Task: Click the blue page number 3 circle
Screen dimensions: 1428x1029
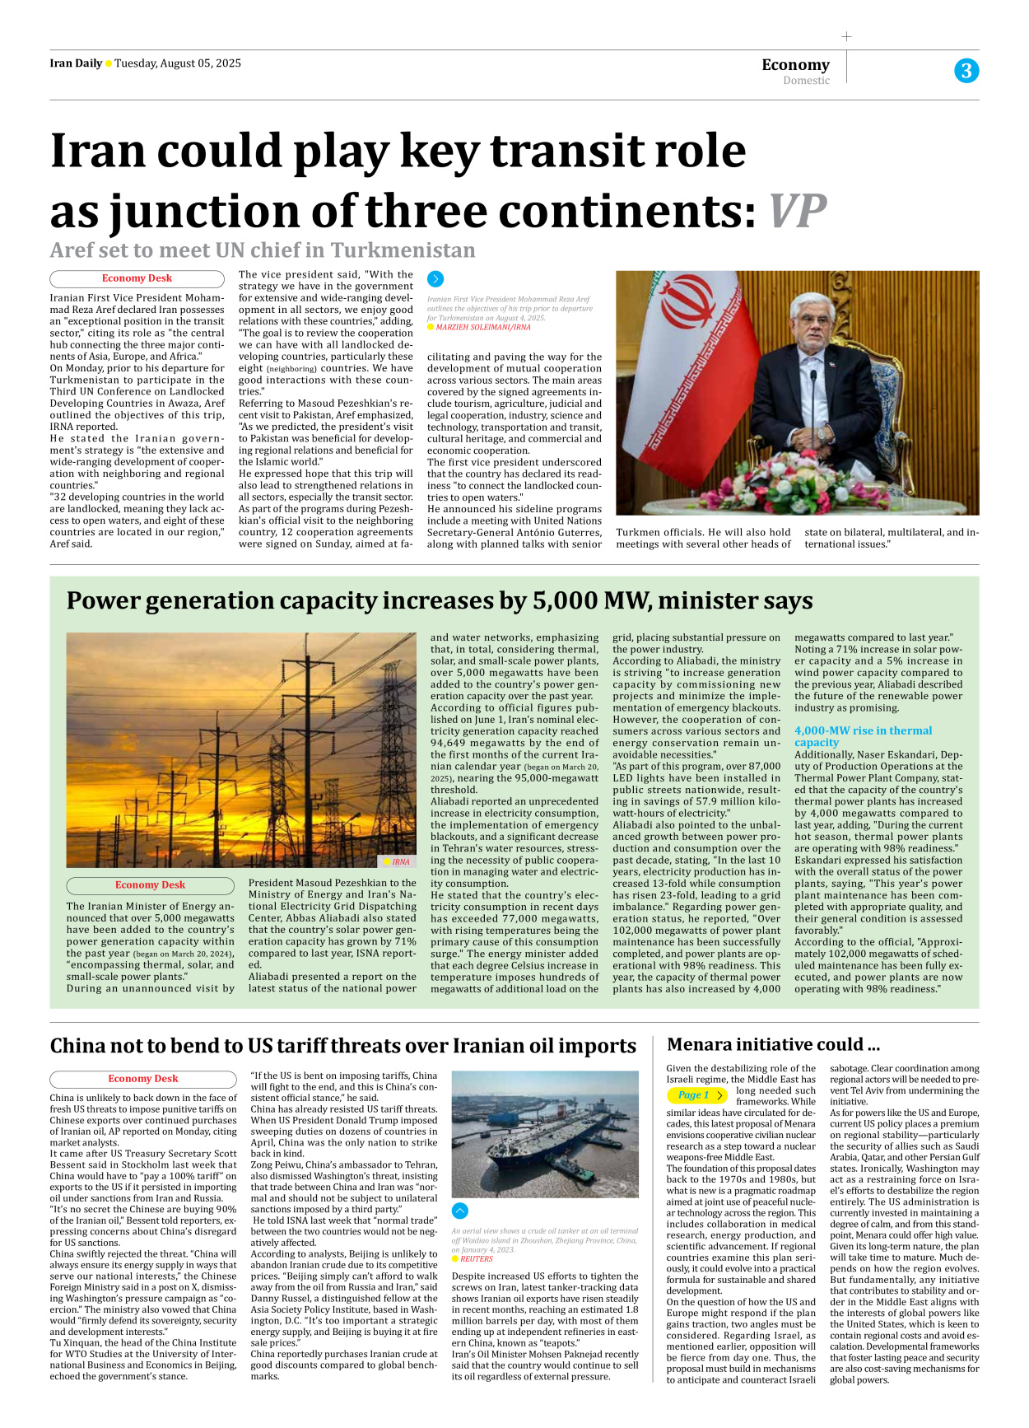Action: tap(966, 71)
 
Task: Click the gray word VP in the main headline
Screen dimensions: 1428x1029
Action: tap(797, 212)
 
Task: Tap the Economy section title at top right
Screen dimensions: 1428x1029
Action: tap(795, 64)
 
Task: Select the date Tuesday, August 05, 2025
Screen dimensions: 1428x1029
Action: tap(178, 63)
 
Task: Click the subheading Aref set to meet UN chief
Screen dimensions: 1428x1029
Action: tap(263, 250)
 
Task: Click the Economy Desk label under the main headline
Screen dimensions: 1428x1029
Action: tap(137, 278)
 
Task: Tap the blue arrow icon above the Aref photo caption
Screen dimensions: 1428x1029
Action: tap(435, 279)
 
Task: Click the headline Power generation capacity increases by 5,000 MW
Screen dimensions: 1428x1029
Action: tap(440, 601)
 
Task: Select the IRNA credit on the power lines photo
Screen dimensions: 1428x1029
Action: tap(400, 861)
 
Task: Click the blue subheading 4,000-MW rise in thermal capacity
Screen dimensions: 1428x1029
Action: tap(863, 736)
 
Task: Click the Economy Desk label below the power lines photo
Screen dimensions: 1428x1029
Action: tap(150, 885)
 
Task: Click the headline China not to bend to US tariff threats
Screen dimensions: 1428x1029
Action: tap(342, 1046)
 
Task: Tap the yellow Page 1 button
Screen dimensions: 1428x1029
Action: tap(697, 1095)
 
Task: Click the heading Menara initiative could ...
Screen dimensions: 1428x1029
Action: tap(773, 1045)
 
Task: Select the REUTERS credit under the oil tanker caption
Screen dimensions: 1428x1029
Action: tap(476, 1259)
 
